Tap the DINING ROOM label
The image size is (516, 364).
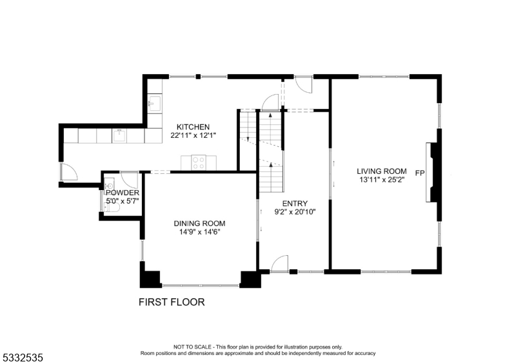(x=199, y=224)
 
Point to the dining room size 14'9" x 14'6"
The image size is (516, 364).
(x=199, y=233)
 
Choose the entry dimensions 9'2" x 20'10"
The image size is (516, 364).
(x=294, y=211)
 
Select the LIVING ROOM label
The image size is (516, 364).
(x=382, y=171)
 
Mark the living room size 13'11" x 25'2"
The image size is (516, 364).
(x=382, y=180)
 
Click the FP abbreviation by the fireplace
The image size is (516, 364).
(x=420, y=173)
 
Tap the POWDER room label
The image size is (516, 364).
(x=123, y=193)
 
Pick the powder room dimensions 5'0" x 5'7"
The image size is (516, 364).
(x=123, y=202)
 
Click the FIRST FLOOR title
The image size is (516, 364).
(x=172, y=302)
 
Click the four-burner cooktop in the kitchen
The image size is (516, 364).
(x=199, y=162)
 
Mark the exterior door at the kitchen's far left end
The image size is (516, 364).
(x=68, y=172)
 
